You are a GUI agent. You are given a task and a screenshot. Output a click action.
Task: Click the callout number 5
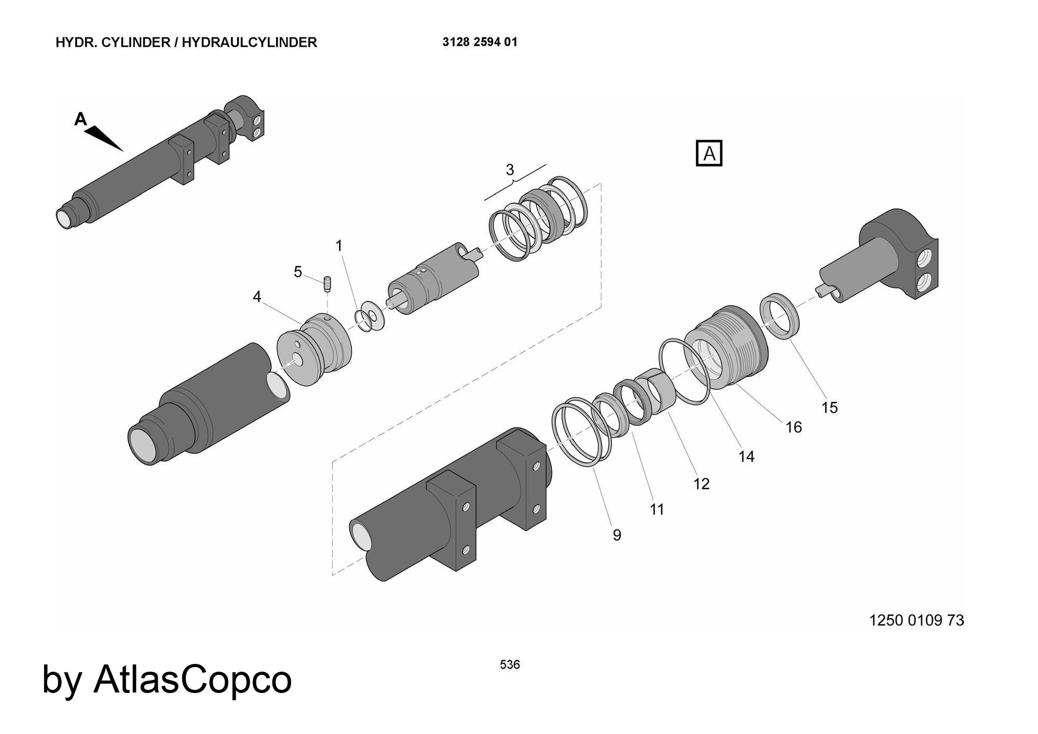click(298, 272)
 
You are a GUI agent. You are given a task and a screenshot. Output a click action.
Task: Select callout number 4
click(257, 297)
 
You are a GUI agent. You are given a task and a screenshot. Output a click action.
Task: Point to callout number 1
click(339, 246)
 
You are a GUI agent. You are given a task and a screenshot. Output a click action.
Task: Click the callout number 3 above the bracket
click(510, 170)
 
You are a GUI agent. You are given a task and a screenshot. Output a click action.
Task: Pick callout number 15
click(829, 408)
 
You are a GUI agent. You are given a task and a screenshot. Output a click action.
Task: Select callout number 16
click(794, 428)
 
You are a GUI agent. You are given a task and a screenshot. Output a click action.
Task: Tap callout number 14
click(746, 457)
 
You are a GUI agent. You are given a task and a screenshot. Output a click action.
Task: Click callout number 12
click(701, 484)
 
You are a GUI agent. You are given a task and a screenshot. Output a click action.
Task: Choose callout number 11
click(657, 510)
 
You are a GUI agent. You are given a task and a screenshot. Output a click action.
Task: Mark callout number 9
click(617, 535)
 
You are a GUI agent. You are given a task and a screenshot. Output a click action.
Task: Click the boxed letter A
click(709, 154)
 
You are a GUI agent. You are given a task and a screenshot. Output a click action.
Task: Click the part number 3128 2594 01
click(480, 42)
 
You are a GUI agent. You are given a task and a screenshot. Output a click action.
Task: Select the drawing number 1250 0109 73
click(917, 620)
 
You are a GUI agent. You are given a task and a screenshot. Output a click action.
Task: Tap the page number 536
click(510, 664)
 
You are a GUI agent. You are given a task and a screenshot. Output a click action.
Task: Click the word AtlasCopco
click(193, 679)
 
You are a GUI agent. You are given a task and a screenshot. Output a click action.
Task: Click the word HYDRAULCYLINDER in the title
click(249, 43)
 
